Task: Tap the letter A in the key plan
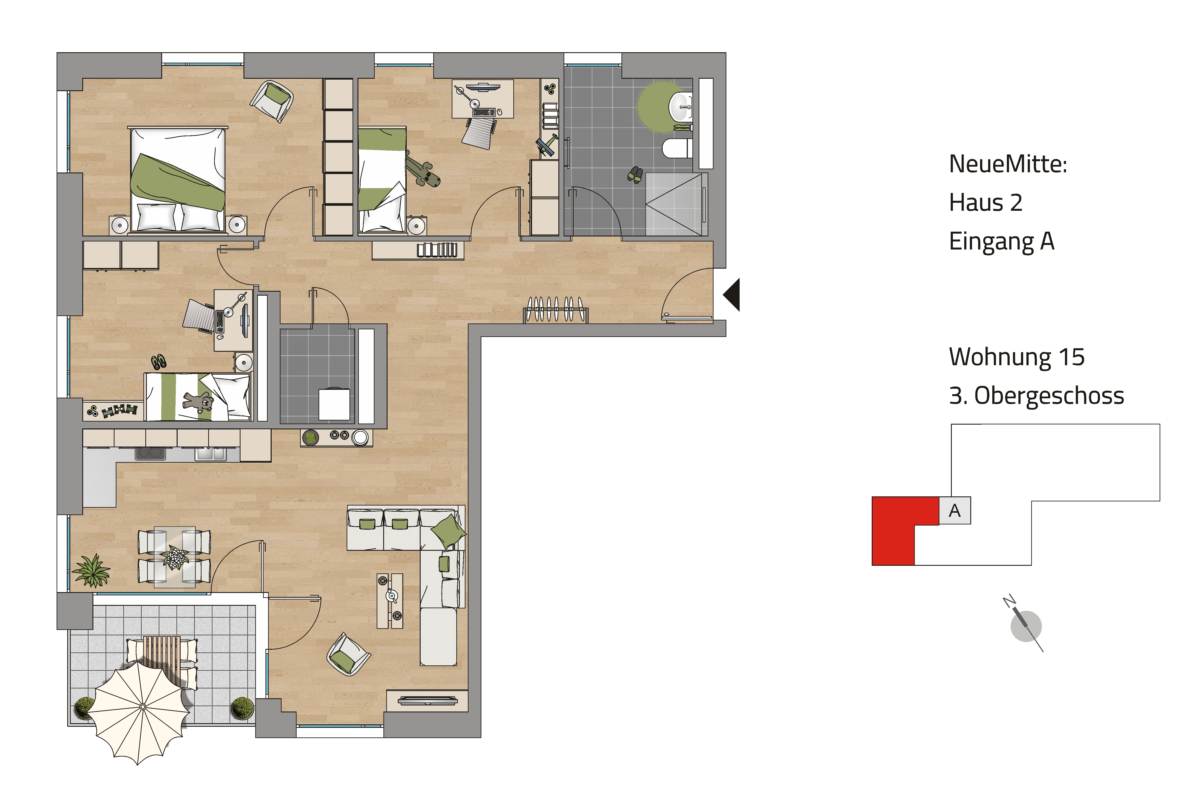click(955, 511)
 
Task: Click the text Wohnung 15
click(1017, 357)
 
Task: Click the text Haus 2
click(986, 203)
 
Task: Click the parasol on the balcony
click(143, 707)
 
